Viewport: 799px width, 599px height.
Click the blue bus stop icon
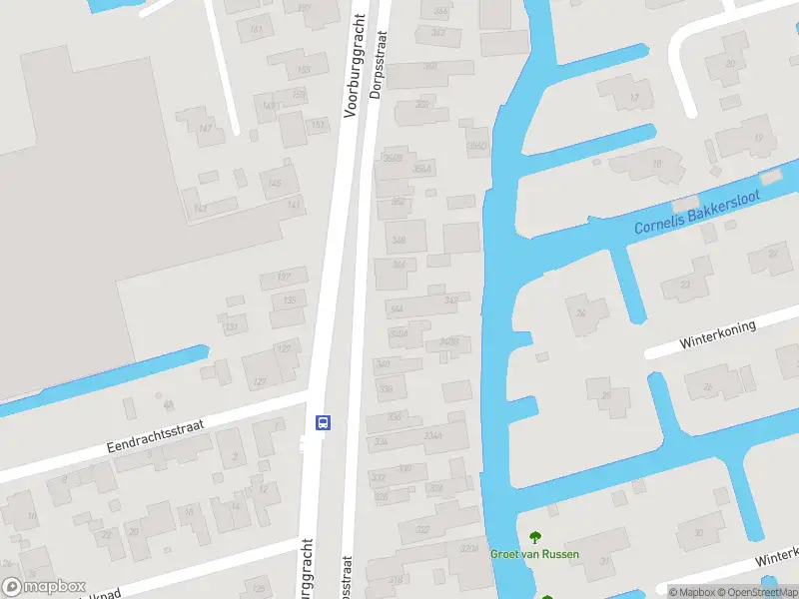[x=324, y=422]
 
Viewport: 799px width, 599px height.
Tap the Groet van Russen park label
[x=534, y=554]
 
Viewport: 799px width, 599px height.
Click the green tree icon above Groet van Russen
[x=534, y=535]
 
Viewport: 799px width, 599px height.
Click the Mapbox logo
[x=43, y=587]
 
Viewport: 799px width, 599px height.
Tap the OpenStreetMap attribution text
[x=755, y=591]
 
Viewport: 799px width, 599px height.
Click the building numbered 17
[x=633, y=97]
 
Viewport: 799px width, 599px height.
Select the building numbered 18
[x=656, y=164]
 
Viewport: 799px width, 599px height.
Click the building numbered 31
[x=603, y=560]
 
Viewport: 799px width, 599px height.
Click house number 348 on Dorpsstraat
[x=399, y=240]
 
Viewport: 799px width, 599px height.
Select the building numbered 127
[x=285, y=348]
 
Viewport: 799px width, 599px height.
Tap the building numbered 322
[x=421, y=529]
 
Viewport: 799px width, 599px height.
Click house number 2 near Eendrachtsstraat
[x=235, y=457]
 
